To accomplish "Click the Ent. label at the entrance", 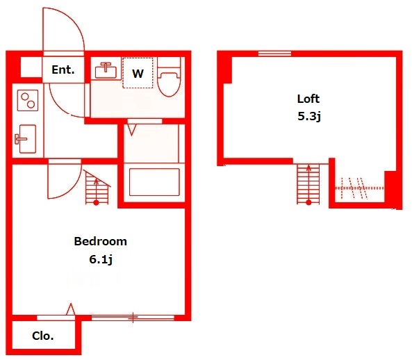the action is tap(63, 70).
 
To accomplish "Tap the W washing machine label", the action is tap(138, 74).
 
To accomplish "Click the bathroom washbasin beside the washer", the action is tap(106, 70).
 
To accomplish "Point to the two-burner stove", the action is tap(28, 100).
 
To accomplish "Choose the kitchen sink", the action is tap(26, 138).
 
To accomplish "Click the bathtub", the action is tap(154, 182).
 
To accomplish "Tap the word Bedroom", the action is tap(100, 241).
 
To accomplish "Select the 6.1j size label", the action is tap(101, 260).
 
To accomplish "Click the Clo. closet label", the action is tap(43, 336).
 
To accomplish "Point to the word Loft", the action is tap(308, 99).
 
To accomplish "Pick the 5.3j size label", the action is tap(309, 116).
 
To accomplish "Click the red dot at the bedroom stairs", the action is tap(96, 203).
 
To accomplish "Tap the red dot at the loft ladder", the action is tap(308, 202).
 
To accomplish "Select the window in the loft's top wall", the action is tap(275, 54).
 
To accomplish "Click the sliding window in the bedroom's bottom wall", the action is tap(133, 318).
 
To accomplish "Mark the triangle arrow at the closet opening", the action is tap(70, 309).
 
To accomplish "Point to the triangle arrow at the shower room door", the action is tap(131, 130).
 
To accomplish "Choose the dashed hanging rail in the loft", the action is tap(359, 188).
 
